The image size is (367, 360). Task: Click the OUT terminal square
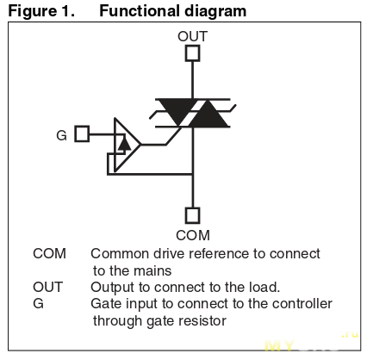pyautogui.click(x=192, y=53)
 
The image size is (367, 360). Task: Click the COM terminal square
pyautogui.click(x=192, y=215)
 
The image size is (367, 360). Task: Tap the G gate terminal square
pyautogui.click(x=82, y=133)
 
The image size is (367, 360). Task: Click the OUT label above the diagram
pyautogui.click(x=192, y=36)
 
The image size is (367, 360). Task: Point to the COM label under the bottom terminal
pyautogui.click(x=193, y=235)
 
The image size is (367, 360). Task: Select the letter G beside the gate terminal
pyautogui.click(x=61, y=135)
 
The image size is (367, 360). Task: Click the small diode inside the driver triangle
pyautogui.click(x=124, y=145)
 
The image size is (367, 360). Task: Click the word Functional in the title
pyautogui.click(x=140, y=11)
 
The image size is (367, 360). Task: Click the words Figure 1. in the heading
pyautogui.click(x=41, y=11)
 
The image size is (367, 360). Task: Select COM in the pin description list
pyautogui.click(x=49, y=253)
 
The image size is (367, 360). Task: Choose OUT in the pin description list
pyautogui.click(x=47, y=287)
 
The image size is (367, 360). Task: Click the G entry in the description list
pyautogui.click(x=38, y=303)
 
